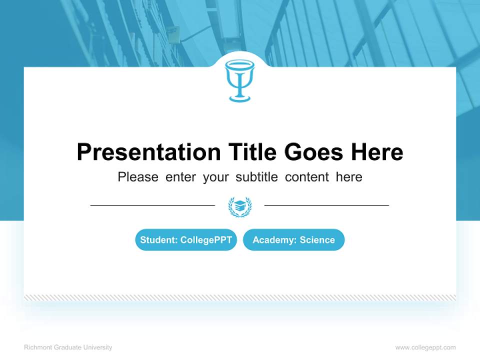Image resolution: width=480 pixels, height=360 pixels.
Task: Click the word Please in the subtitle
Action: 138,177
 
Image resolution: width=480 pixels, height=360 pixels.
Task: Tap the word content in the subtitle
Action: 307,177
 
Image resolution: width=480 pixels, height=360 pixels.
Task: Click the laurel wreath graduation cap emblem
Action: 240,206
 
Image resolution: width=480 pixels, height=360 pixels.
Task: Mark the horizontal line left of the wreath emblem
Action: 152,205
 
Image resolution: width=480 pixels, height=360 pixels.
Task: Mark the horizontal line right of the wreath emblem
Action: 326,205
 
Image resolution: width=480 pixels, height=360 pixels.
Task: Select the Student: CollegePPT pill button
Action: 186,240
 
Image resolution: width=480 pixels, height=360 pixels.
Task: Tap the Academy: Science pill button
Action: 293,240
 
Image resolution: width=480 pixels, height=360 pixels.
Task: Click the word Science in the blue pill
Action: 317,240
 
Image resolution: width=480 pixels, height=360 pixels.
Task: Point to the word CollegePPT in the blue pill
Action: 206,240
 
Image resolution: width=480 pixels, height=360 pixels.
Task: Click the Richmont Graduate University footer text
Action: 68,347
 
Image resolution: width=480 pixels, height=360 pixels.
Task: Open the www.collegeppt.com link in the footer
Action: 425,347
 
